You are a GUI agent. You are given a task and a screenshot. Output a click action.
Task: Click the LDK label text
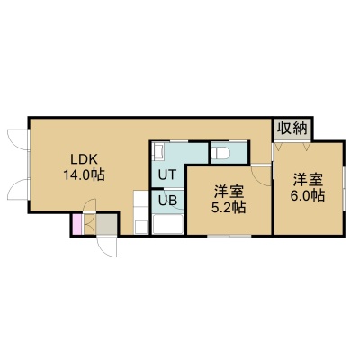(84, 159)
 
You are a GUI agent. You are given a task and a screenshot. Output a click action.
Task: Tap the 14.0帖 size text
(84, 175)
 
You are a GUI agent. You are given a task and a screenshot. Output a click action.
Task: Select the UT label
(167, 175)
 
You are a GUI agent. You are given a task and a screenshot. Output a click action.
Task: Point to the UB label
(167, 200)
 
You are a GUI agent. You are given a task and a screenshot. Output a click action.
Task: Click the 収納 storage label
(292, 129)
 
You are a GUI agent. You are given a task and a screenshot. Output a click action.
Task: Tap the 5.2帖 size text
(229, 207)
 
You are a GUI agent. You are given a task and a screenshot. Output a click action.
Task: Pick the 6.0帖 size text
(307, 195)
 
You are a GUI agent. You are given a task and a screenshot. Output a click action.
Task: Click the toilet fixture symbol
(220, 153)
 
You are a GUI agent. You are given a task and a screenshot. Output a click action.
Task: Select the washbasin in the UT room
(158, 151)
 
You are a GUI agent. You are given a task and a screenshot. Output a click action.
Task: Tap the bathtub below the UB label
(167, 224)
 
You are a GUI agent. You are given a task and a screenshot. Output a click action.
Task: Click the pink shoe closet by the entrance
(77, 224)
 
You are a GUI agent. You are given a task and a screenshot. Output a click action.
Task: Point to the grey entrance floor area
(106, 224)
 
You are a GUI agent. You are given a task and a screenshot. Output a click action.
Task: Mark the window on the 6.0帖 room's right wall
(344, 187)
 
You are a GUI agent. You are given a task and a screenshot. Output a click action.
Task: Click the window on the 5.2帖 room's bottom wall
(229, 236)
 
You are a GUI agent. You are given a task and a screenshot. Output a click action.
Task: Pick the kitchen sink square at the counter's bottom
(141, 227)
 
